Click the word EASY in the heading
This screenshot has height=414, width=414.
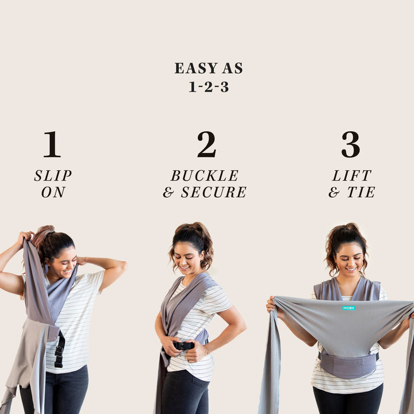(x=196, y=68)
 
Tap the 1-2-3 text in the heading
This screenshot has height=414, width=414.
(x=209, y=87)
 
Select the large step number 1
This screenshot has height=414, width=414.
(x=52, y=144)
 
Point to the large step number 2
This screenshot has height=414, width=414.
(x=207, y=144)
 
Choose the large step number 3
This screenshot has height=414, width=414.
(x=351, y=144)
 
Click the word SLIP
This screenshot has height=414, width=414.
(x=53, y=175)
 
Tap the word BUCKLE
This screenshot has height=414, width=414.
(x=205, y=175)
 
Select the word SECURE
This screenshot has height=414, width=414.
(x=213, y=192)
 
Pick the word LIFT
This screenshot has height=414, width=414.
(x=352, y=175)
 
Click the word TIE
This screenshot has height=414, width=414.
(x=361, y=192)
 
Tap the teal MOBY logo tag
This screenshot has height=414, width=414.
(x=349, y=308)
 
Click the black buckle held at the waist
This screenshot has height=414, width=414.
(x=183, y=346)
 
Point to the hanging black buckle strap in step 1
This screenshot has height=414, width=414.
(x=60, y=350)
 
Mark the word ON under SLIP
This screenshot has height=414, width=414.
(x=53, y=192)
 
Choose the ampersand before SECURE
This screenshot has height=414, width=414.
(x=168, y=192)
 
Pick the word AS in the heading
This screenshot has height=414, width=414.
(x=232, y=68)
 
